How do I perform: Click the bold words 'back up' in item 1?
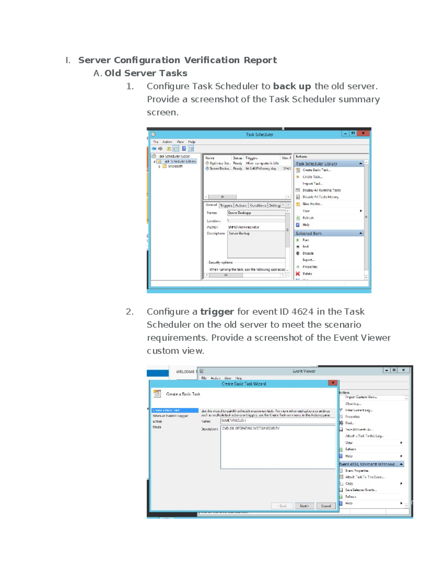point(292,86)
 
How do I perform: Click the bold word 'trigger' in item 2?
point(217,312)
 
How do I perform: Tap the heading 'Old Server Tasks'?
point(146,73)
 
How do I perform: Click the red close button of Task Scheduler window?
point(363,133)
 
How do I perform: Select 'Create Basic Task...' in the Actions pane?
point(316,170)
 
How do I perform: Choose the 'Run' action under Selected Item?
point(305,240)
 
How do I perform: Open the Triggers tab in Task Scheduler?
point(226,205)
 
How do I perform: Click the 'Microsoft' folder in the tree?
point(175,166)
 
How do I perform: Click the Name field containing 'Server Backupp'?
point(256,213)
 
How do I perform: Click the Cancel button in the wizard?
point(326,506)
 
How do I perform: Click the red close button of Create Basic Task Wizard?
point(333,383)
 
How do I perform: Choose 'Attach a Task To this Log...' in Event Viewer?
point(364,436)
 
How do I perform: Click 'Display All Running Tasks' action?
point(321,190)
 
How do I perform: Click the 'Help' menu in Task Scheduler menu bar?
point(191,142)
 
